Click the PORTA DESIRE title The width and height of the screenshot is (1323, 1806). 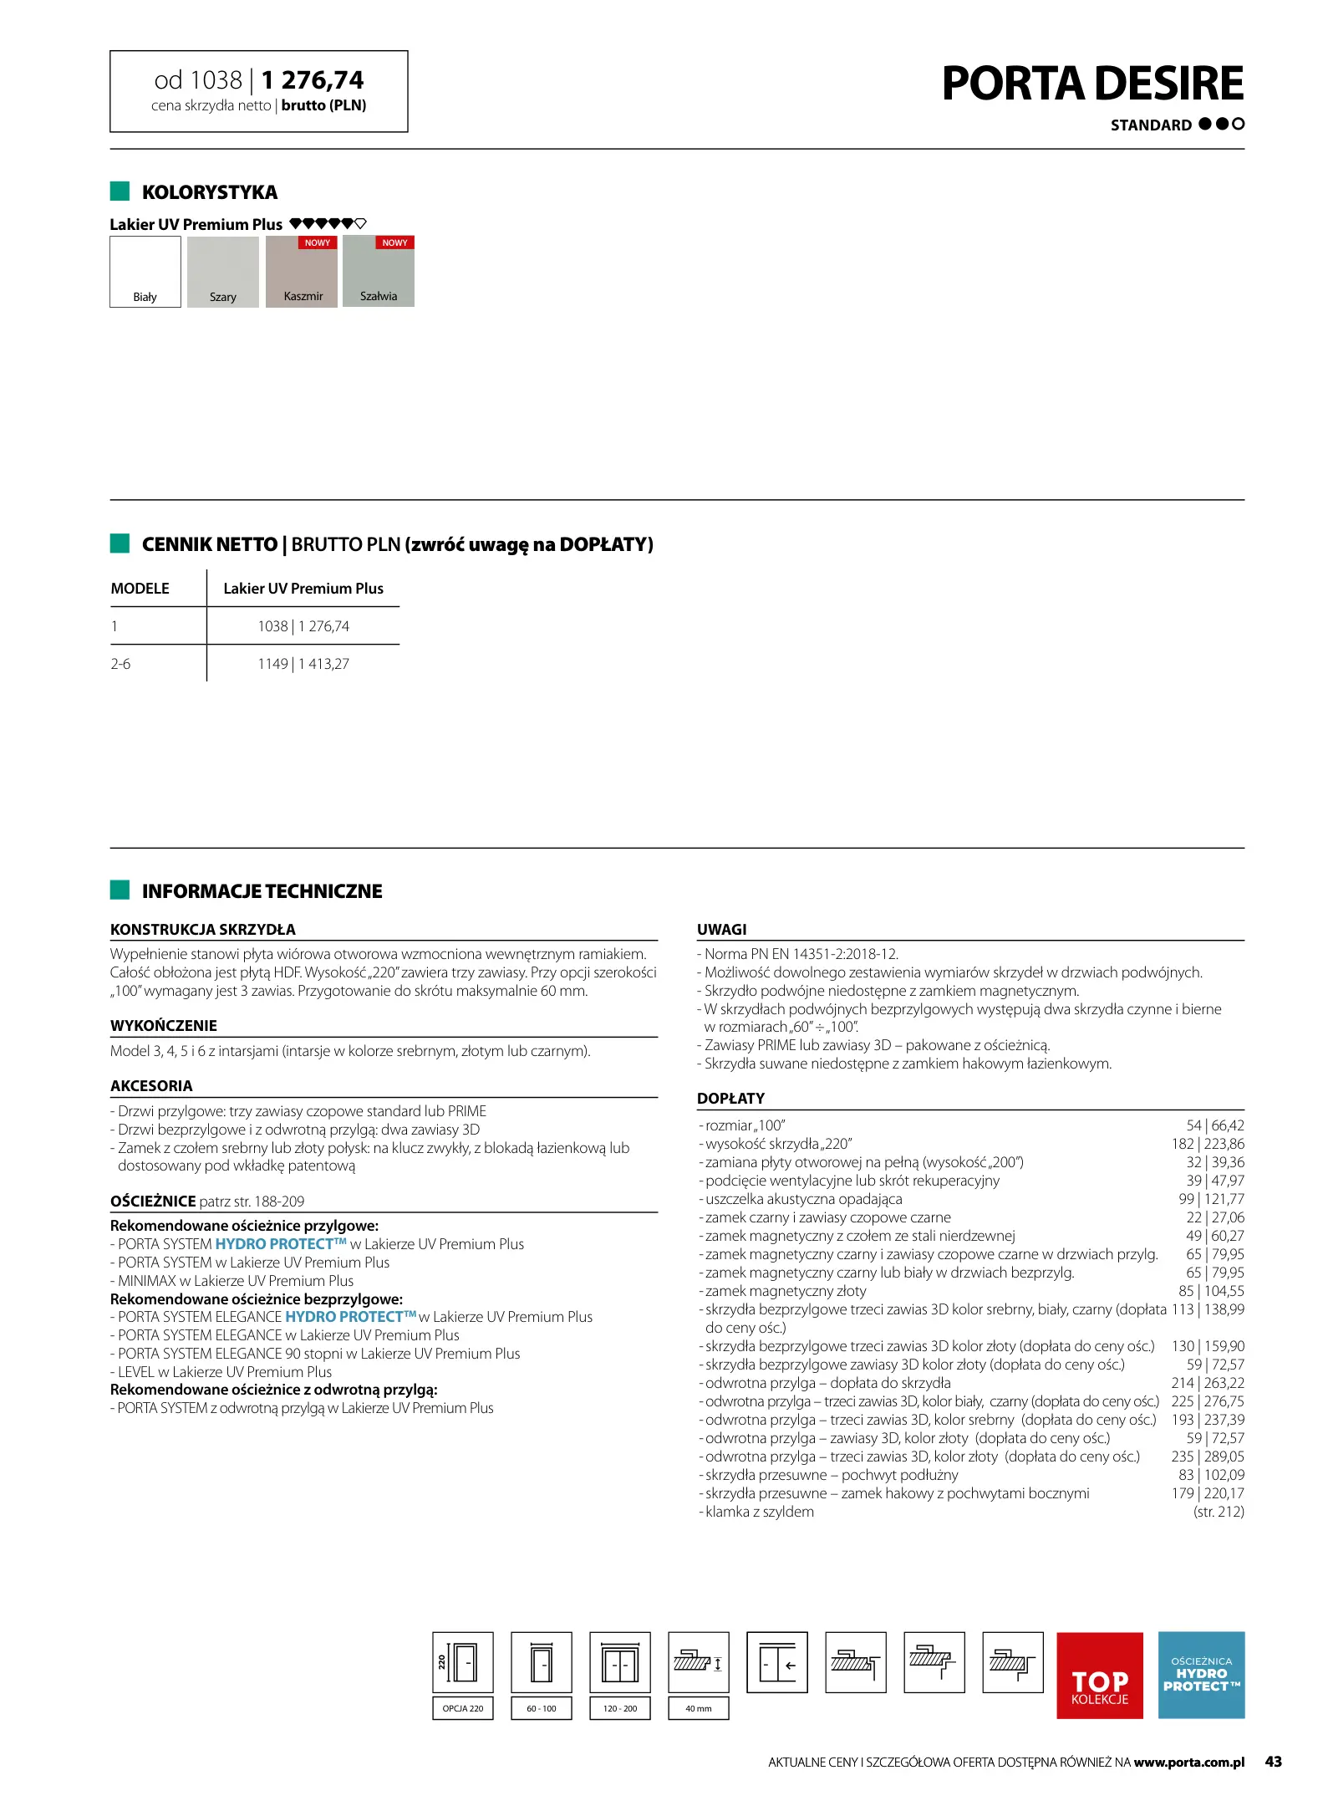coord(1091,84)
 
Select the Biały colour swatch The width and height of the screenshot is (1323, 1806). coord(145,272)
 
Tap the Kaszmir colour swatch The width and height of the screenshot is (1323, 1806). coord(301,272)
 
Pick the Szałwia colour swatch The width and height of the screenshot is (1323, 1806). coord(378,272)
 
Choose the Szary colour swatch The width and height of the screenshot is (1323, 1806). coord(222,272)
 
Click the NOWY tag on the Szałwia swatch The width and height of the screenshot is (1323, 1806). coord(394,242)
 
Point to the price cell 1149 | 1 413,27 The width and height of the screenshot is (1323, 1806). coord(303,664)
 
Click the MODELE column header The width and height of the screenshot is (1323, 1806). coord(140,589)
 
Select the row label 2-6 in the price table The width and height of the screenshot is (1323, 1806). coord(120,664)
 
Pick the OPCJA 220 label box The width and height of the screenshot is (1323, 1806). coord(463,1708)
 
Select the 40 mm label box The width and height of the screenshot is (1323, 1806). coord(699,1708)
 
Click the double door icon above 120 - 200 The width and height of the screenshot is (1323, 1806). coord(620,1662)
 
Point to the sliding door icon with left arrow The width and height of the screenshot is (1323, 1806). coord(777,1662)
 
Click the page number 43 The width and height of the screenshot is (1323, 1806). coord(1273,1762)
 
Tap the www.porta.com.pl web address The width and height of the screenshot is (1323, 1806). coord(1188,1763)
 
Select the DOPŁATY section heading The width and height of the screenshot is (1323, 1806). coord(730,1098)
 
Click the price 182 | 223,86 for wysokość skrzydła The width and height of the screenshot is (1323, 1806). coord(1207,1144)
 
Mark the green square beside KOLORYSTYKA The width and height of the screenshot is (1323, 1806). coord(120,191)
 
